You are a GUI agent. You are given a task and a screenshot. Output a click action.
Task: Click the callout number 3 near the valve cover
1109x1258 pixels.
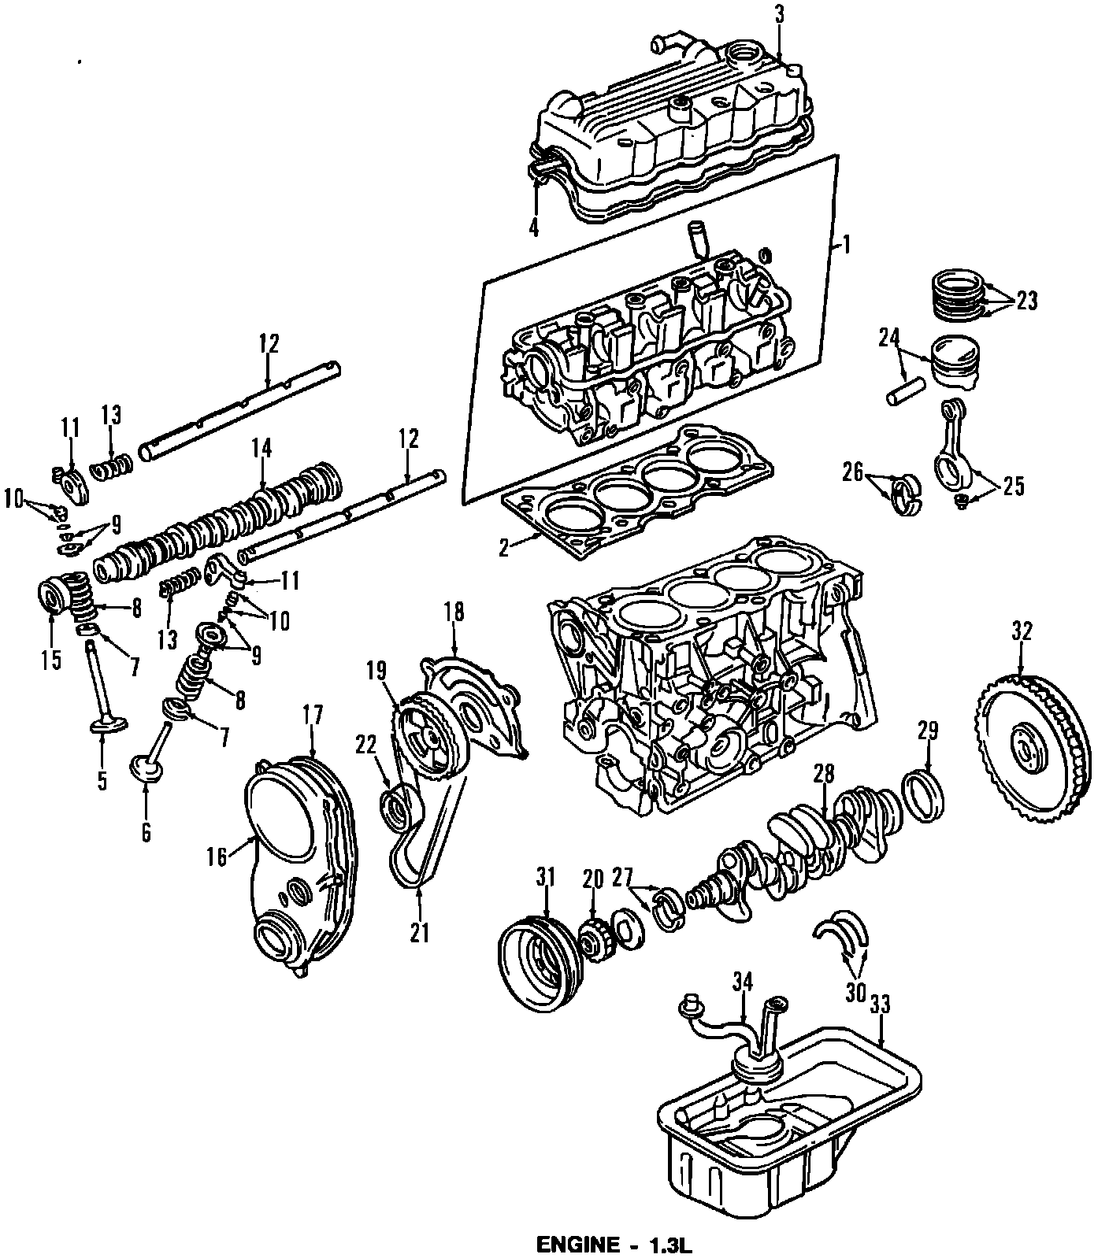click(778, 13)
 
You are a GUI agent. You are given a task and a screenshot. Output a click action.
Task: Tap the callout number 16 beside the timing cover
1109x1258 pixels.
click(217, 857)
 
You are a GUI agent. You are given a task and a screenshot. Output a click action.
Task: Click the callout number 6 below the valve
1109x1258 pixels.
click(146, 832)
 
